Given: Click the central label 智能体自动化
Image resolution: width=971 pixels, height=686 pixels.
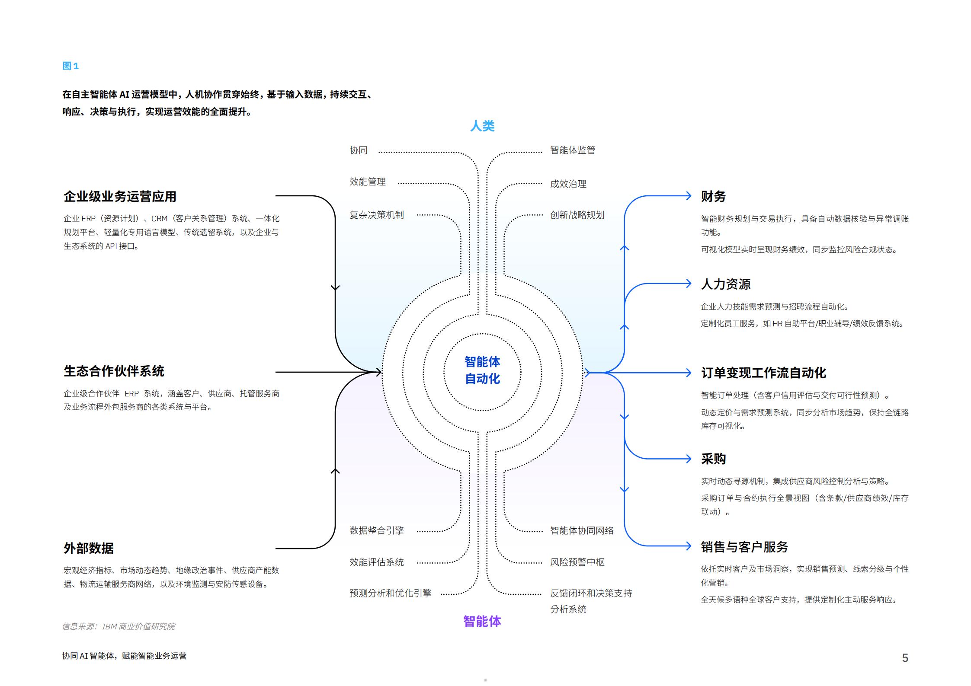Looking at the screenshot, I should [482, 370].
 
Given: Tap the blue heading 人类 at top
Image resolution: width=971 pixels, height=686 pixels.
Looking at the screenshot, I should [482, 126].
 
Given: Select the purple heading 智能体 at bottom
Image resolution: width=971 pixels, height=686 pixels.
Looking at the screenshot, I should [482, 621].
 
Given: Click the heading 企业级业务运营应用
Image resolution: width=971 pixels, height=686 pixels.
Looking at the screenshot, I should [120, 197].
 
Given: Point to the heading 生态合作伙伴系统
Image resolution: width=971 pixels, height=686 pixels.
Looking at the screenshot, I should [114, 371].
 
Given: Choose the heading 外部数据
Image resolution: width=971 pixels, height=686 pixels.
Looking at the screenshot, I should [88, 548].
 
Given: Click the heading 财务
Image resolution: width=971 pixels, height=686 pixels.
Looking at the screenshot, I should [713, 196].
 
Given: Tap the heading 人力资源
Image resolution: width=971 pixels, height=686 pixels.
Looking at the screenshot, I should [725, 284].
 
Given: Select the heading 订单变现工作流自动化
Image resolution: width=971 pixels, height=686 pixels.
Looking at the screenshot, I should [763, 373].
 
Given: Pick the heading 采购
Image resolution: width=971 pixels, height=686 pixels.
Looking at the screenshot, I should [713, 459].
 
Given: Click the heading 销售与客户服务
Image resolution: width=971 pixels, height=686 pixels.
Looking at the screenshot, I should [744, 547].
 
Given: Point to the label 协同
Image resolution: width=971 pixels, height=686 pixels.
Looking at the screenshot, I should [359, 150].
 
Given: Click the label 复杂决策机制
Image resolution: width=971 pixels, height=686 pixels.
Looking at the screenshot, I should [376, 215].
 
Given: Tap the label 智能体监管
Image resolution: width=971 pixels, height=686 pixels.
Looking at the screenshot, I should [572, 150].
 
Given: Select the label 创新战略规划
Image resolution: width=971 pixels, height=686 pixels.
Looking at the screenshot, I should [577, 215].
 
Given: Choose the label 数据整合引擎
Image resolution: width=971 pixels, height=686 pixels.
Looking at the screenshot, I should [376, 530].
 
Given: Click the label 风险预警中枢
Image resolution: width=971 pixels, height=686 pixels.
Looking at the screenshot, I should [577, 562].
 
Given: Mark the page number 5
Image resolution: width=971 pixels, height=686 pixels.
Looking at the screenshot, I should [905, 658].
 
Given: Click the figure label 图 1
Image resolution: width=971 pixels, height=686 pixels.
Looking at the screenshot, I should [71, 66].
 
